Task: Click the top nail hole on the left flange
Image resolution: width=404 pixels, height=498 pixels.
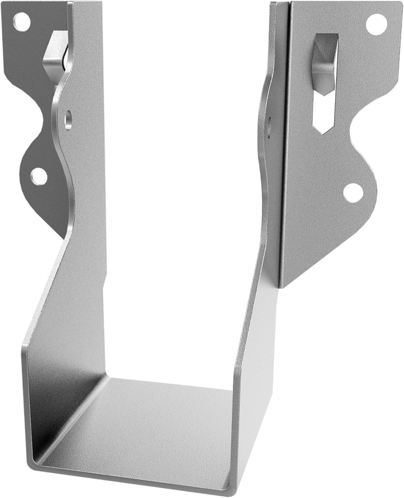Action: coord(21,22)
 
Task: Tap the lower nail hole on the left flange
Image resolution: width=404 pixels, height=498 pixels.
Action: coord(39,176)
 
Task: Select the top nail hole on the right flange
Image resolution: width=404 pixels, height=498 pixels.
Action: coord(376,24)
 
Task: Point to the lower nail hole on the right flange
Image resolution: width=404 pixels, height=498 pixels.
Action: coord(353,192)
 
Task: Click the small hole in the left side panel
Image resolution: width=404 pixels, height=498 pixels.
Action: coord(68,120)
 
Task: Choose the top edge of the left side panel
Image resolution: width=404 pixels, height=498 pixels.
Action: coord(88,4)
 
